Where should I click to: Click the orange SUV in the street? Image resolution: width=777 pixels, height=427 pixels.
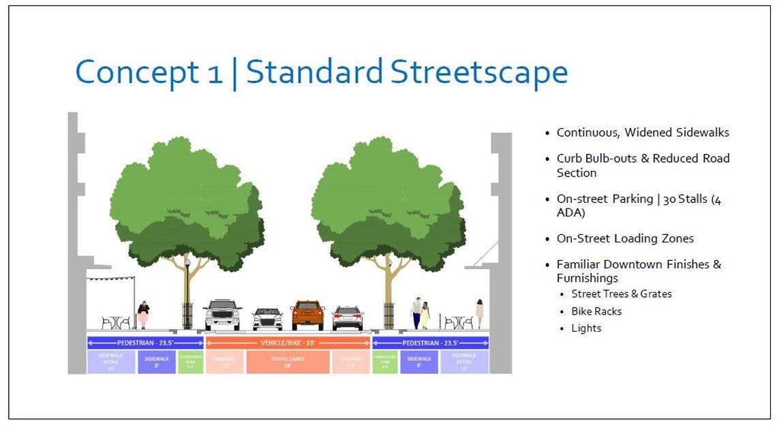[307, 315]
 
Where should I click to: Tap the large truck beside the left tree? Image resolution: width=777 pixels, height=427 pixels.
[222, 315]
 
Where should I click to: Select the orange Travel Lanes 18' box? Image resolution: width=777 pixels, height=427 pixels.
[288, 362]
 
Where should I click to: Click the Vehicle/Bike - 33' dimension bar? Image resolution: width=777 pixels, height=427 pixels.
[288, 343]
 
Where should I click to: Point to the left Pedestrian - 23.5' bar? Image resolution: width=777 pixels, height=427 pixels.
[145, 343]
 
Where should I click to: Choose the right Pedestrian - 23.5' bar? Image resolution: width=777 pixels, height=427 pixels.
[430, 343]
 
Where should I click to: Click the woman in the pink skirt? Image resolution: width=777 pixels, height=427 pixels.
[143, 315]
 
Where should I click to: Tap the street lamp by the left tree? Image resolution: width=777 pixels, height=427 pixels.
[187, 293]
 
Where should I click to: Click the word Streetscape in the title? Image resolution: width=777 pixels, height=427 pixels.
[479, 72]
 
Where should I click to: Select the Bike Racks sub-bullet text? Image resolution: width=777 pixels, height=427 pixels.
[596, 311]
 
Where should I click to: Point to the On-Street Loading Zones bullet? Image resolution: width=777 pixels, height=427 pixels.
[625, 239]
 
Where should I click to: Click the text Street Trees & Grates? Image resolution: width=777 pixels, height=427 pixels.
[622, 294]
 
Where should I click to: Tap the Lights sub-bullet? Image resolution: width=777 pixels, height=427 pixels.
[586, 328]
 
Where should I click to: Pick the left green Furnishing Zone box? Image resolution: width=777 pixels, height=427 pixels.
[191, 362]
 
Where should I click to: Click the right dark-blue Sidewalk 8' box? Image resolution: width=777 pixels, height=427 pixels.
[418, 362]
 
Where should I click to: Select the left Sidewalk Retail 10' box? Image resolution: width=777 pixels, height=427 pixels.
[112, 362]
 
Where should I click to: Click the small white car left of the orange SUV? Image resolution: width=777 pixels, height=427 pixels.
[267, 319]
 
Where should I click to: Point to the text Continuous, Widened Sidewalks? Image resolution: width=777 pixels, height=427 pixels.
[643, 133]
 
